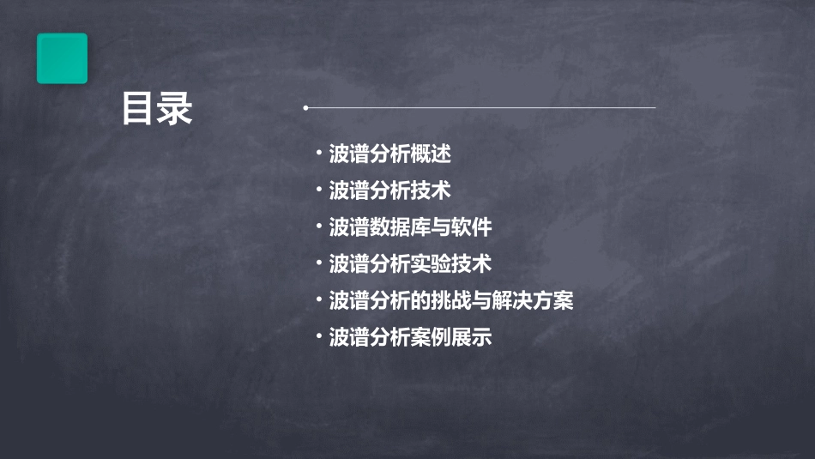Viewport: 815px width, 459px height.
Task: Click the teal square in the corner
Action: click(x=62, y=58)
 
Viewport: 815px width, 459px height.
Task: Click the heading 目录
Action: click(x=157, y=109)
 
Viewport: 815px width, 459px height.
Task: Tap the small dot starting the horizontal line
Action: click(x=305, y=108)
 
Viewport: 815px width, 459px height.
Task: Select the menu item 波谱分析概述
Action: click(x=390, y=154)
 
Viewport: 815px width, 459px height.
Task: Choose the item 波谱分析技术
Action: click(x=390, y=190)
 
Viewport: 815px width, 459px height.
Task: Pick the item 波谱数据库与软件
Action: click(x=411, y=227)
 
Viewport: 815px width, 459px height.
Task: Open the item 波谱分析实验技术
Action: click(x=411, y=263)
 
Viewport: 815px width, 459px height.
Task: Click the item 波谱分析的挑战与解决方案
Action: click(x=451, y=300)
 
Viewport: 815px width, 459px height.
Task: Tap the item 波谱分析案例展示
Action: click(x=411, y=337)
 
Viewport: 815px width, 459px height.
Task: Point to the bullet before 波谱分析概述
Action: click(x=318, y=154)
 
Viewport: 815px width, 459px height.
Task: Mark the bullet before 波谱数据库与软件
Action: click(x=318, y=227)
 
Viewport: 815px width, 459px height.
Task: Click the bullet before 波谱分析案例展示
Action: click(x=318, y=337)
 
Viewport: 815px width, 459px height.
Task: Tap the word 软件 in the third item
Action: click(x=472, y=227)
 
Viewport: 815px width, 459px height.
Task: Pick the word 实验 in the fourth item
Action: click(x=431, y=263)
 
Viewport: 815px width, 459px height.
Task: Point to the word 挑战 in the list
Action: click(x=451, y=300)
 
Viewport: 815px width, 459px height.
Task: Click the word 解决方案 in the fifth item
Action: click(x=533, y=300)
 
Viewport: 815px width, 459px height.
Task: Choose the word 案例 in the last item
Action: click(x=431, y=337)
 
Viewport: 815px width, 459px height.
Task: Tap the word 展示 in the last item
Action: click(x=472, y=337)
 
